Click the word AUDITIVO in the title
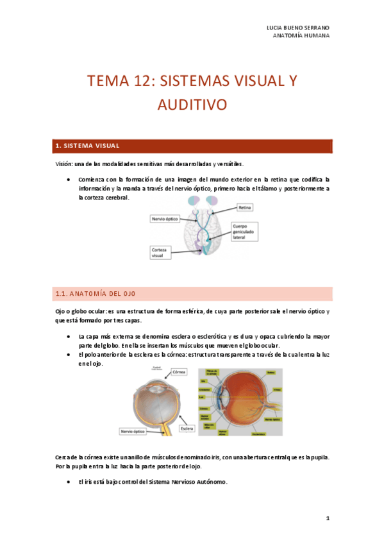(x=192, y=105)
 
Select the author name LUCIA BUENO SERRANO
(x=297, y=28)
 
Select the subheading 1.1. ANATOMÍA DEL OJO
(x=95, y=294)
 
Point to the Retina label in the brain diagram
(x=245, y=208)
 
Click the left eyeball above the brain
(x=194, y=202)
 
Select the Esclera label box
(x=187, y=428)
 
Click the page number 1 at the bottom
(x=327, y=518)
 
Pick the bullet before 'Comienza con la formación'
(x=68, y=179)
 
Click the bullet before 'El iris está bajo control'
(x=68, y=481)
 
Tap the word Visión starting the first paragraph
(x=63, y=164)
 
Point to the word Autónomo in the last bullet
(x=211, y=481)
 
